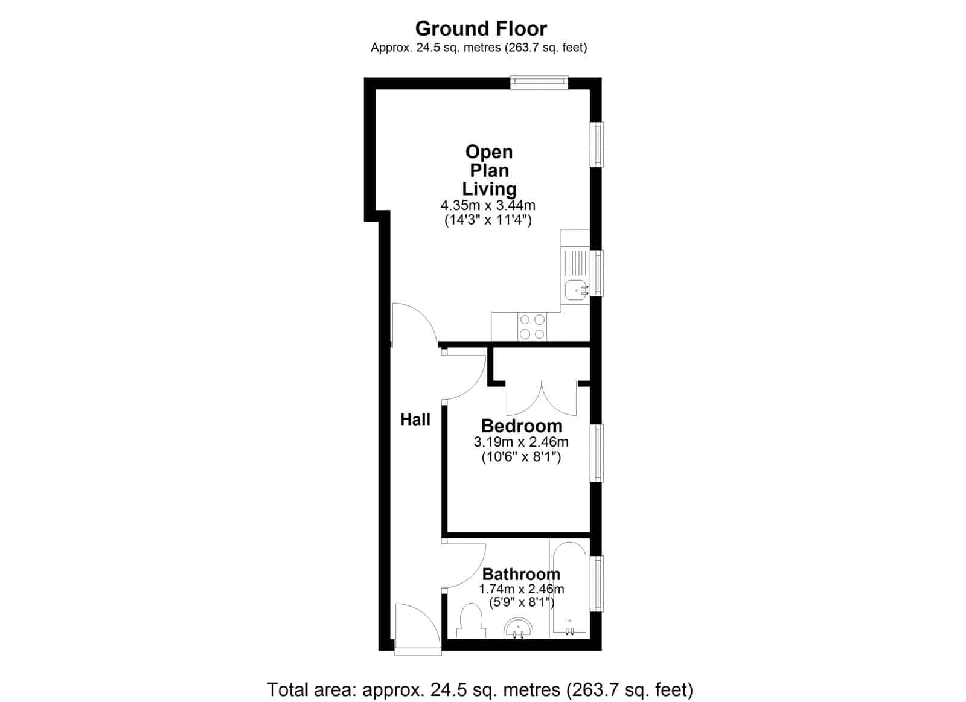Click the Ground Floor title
[481, 29]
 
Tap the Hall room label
[415, 420]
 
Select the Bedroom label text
[522, 426]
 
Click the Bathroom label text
[522, 575]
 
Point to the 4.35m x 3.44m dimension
[488, 205]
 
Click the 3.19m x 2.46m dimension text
[521, 442]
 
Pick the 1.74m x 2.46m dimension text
[522, 589]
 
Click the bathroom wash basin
[519, 628]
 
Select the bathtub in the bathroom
[570, 590]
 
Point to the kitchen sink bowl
[576, 290]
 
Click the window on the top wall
[539, 83]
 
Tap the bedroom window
[597, 453]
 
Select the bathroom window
[597, 584]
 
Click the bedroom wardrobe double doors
[542, 398]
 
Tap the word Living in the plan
[490, 190]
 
